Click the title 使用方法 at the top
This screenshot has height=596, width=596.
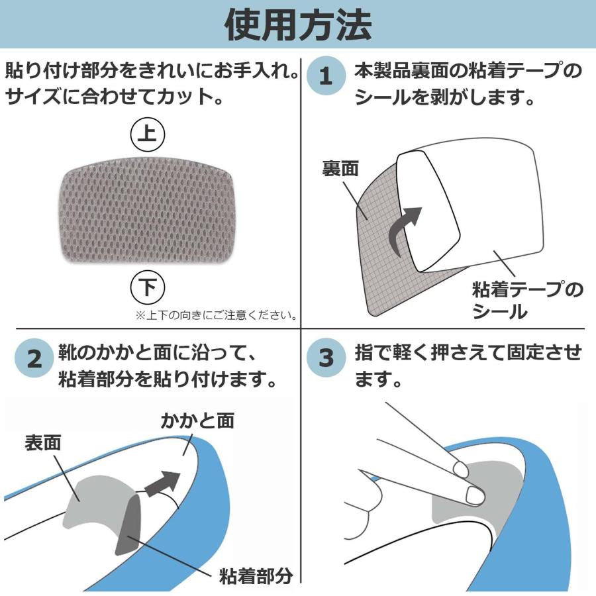(298, 25)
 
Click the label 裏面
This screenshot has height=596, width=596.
(340, 168)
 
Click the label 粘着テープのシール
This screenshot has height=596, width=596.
(527, 300)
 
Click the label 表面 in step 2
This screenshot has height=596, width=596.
(43, 442)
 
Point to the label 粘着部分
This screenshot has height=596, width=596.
(254, 574)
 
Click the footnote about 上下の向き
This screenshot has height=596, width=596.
(216, 315)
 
